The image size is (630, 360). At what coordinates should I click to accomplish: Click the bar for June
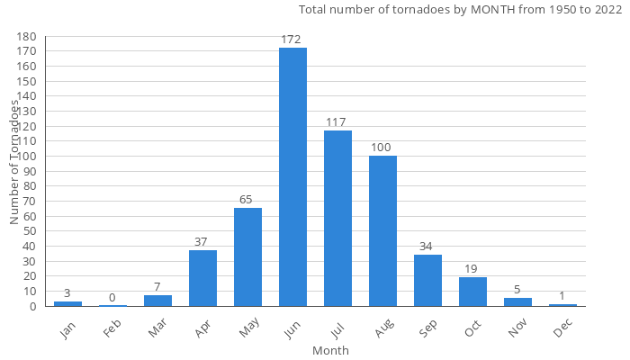[292, 177]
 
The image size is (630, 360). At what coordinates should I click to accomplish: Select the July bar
[337, 219]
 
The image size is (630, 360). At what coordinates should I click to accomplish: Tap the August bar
[382, 231]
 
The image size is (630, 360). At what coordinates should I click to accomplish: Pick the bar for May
[247, 257]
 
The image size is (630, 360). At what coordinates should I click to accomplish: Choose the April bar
[202, 278]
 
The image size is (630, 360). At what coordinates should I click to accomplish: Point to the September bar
[427, 281]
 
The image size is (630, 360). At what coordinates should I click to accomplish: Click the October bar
[472, 292]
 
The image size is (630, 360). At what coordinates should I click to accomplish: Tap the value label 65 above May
[247, 200]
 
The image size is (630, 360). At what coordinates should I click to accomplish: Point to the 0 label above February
[112, 298]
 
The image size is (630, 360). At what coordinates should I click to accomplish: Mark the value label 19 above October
[472, 269]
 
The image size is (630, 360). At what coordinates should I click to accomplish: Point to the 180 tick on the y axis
[26, 37]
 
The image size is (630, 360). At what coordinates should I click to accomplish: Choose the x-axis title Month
[330, 350]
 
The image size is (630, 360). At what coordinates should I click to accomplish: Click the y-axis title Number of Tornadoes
[14, 162]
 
